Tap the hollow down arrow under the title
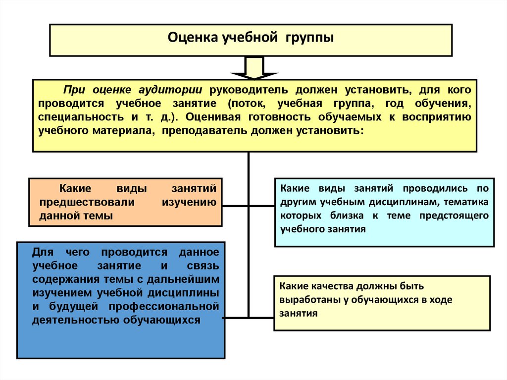pos(253,68)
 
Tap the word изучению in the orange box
pos(190,202)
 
